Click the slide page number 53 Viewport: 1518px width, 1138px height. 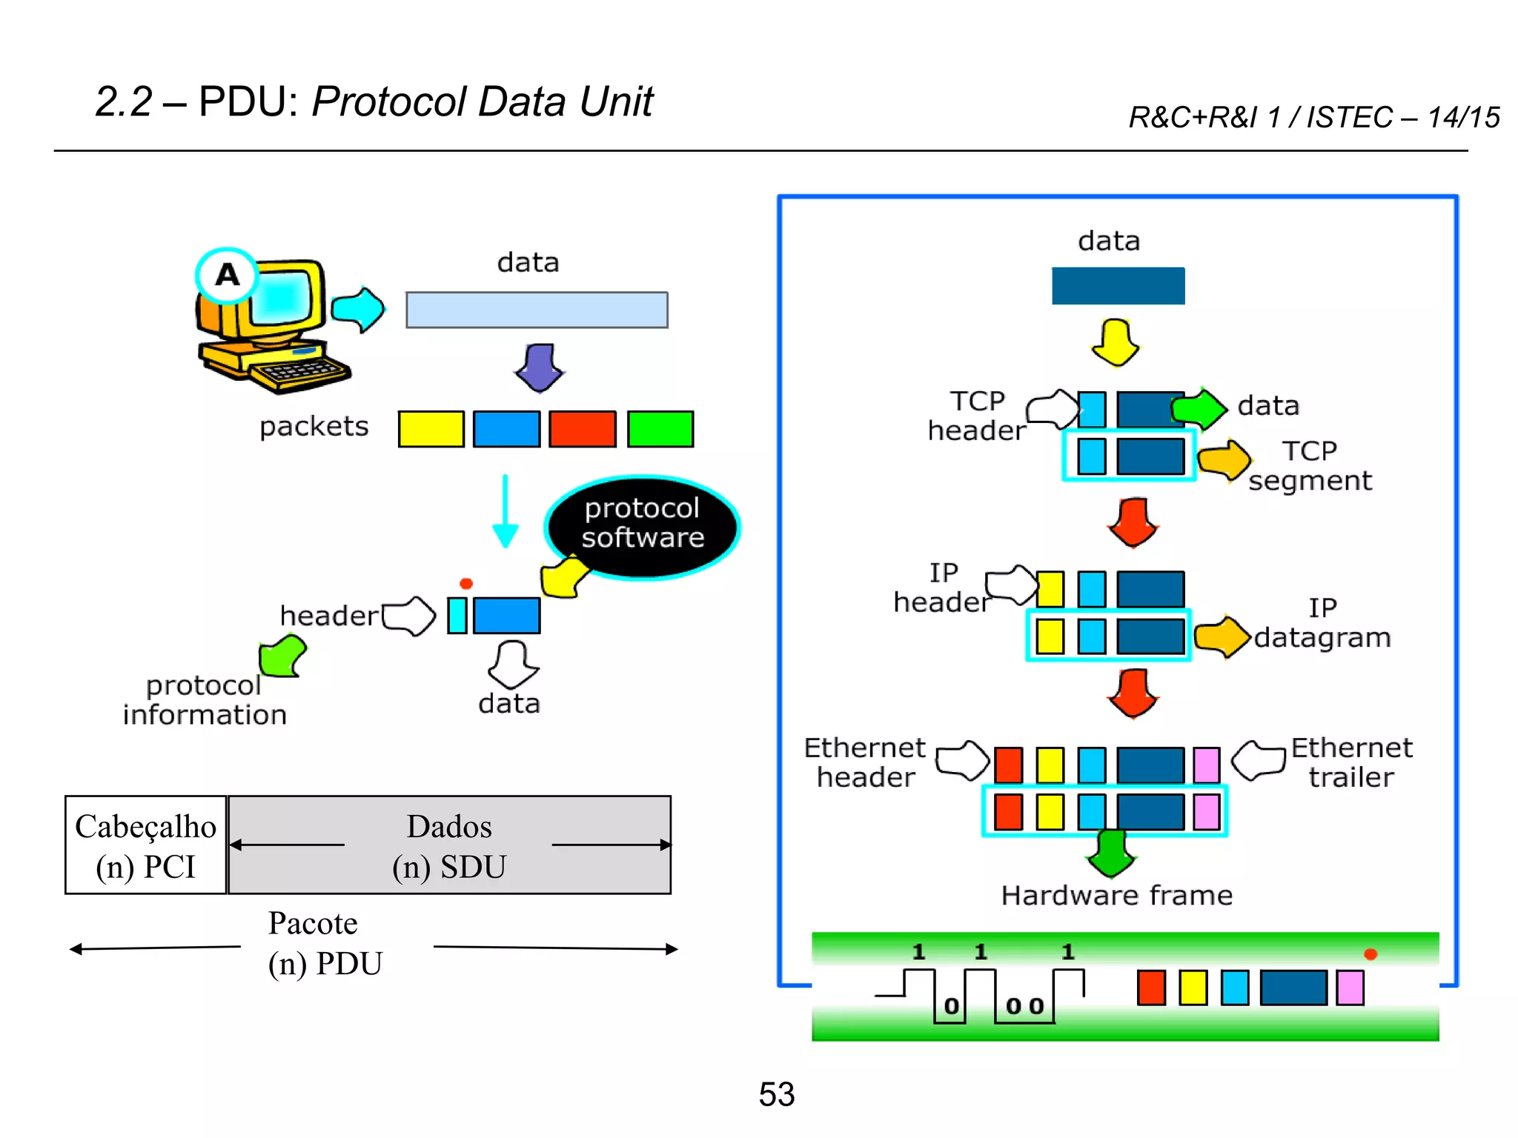tap(776, 1094)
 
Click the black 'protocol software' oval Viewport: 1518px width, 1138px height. tap(642, 525)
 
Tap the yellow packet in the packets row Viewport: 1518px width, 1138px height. tap(431, 429)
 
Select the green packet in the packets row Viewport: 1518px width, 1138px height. tap(660, 429)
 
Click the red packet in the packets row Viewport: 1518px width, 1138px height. tap(582, 429)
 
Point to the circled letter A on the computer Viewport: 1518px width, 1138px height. tap(227, 275)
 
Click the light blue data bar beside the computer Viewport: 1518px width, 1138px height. tap(537, 310)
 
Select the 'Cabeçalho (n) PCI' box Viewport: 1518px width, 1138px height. tap(145, 845)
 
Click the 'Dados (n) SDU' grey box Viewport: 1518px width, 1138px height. tap(449, 845)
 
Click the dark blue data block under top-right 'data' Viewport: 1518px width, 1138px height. tap(1118, 286)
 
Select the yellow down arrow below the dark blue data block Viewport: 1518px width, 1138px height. tap(1116, 342)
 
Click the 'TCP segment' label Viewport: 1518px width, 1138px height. tap(1310, 466)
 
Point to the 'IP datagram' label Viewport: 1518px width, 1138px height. tap(1322, 623)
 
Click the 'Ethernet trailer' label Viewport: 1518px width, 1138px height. tap(1350, 762)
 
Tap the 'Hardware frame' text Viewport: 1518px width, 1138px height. tap(1116, 896)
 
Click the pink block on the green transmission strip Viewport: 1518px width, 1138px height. tap(1350, 988)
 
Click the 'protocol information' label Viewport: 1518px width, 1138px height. tap(205, 700)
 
